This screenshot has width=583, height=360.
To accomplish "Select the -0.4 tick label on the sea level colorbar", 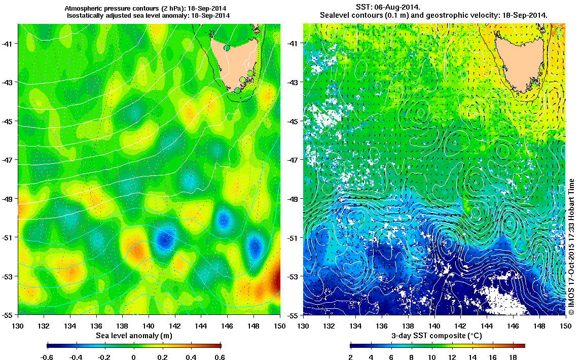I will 76,357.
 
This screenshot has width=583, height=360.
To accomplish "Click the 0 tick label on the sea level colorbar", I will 134,357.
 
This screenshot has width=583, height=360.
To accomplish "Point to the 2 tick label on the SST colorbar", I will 350,357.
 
